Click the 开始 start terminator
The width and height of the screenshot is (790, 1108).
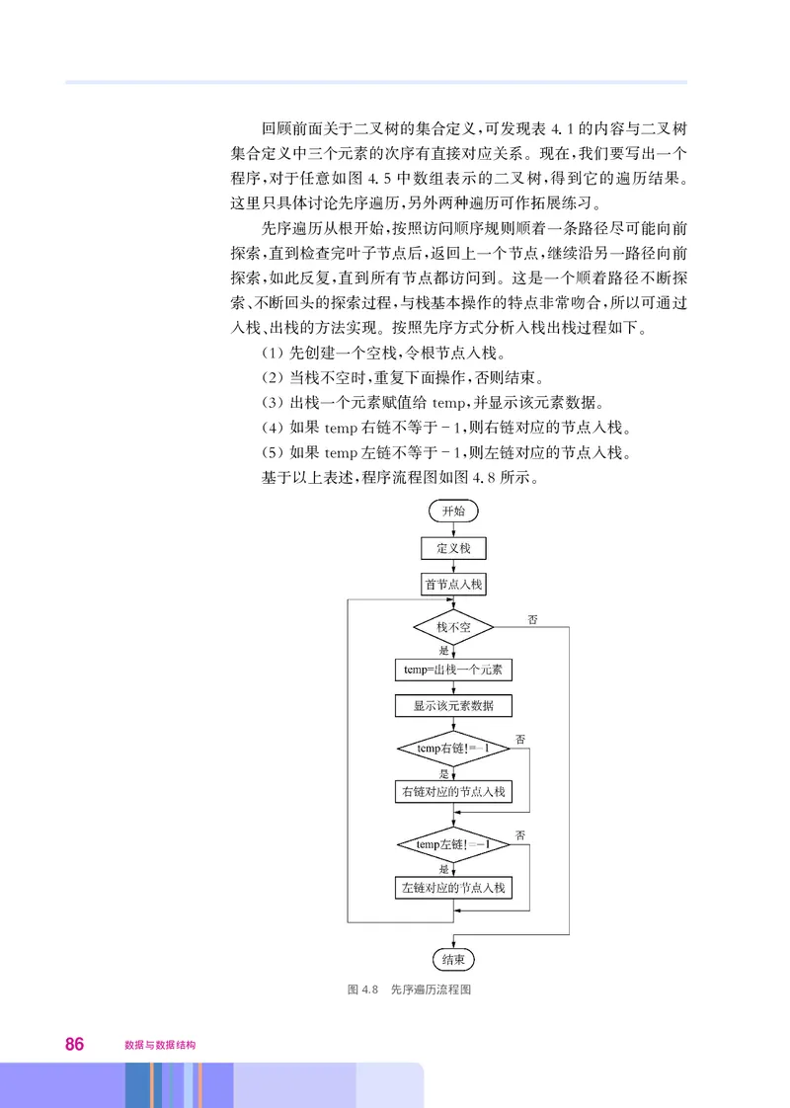(x=453, y=511)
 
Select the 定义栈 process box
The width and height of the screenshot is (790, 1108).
(x=453, y=548)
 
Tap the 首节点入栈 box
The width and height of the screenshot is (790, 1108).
(x=453, y=585)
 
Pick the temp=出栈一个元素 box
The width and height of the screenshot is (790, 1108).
(x=453, y=670)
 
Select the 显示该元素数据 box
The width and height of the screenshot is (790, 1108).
(x=453, y=706)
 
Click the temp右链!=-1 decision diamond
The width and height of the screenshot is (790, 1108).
(x=453, y=749)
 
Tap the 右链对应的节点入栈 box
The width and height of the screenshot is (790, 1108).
(x=453, y=791)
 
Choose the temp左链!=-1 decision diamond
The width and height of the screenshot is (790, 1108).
(x=453, y=844)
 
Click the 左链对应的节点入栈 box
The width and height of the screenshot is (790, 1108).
(x=453, y=888)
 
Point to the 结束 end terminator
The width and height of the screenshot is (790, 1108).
(x=453, y=959)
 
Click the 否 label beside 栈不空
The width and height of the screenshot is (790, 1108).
(x=533, y=619)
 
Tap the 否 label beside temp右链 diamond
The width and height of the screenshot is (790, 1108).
(x=519, y=739)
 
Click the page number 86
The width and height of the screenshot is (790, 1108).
(x=74, y=1043)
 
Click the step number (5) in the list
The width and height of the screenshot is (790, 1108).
(x=273, y=452)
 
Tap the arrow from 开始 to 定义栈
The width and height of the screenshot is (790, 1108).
(x=453, y=529)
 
